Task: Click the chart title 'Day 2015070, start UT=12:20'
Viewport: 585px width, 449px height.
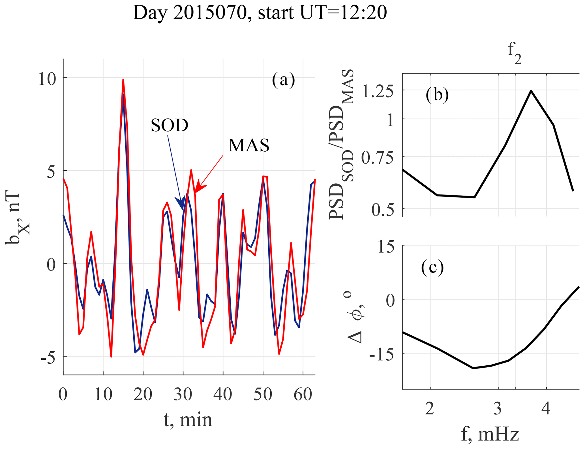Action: point(260,13)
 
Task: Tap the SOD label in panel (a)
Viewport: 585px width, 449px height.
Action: point(169,125)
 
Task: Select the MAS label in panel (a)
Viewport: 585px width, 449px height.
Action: point(249,145)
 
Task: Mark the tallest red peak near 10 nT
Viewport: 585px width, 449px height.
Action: point(123,80)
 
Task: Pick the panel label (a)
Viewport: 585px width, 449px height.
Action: point(283,80)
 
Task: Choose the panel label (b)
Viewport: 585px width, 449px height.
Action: point(437,95)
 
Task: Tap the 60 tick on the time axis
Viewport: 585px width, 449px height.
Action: point(303,394)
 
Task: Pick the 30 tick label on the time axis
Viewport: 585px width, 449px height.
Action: point(183,394)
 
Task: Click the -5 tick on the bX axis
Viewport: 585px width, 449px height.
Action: point(48,358)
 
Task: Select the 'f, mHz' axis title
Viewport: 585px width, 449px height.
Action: point(490,434)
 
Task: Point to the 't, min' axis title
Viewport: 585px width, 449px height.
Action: point(188,420)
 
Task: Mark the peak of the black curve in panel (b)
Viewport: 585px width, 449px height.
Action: point(531,91)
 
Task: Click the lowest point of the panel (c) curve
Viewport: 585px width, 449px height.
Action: point(473,368)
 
